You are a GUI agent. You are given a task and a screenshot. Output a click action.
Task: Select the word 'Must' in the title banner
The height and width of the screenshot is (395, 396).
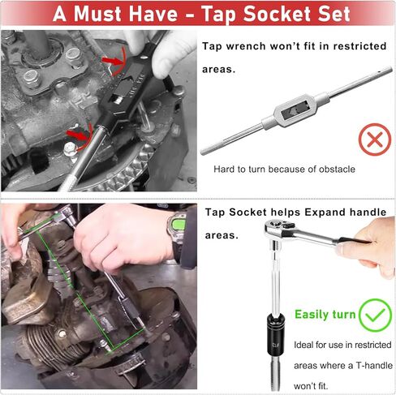107,14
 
